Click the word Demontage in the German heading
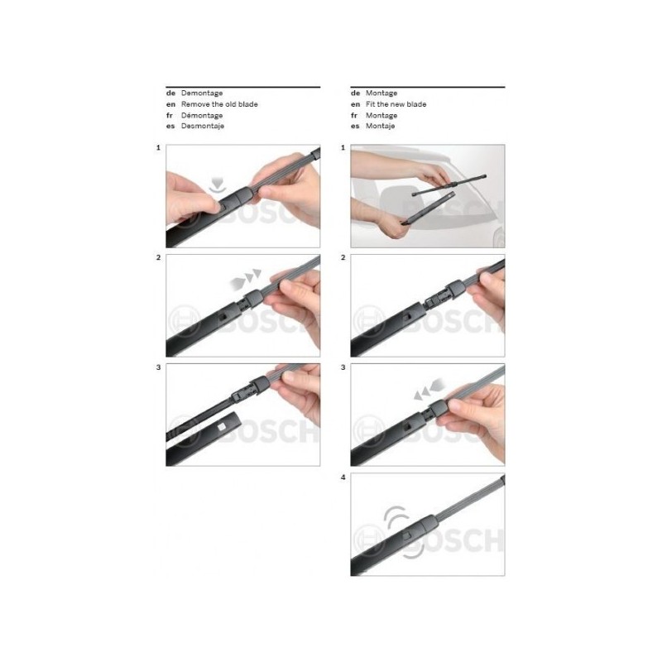point(202,93)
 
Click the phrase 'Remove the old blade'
point(219,104)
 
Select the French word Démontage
point(202,115)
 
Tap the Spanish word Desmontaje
point(203,126)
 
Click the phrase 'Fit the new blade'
point(396,104)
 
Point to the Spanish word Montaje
point(381,126)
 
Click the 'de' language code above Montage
point(356,93)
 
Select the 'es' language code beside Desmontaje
point(170,127)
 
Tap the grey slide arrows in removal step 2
point(246,279)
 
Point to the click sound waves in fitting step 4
point(402,532)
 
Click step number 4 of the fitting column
point(343,477)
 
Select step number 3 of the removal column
point(158,367)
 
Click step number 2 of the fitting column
point(343,257)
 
